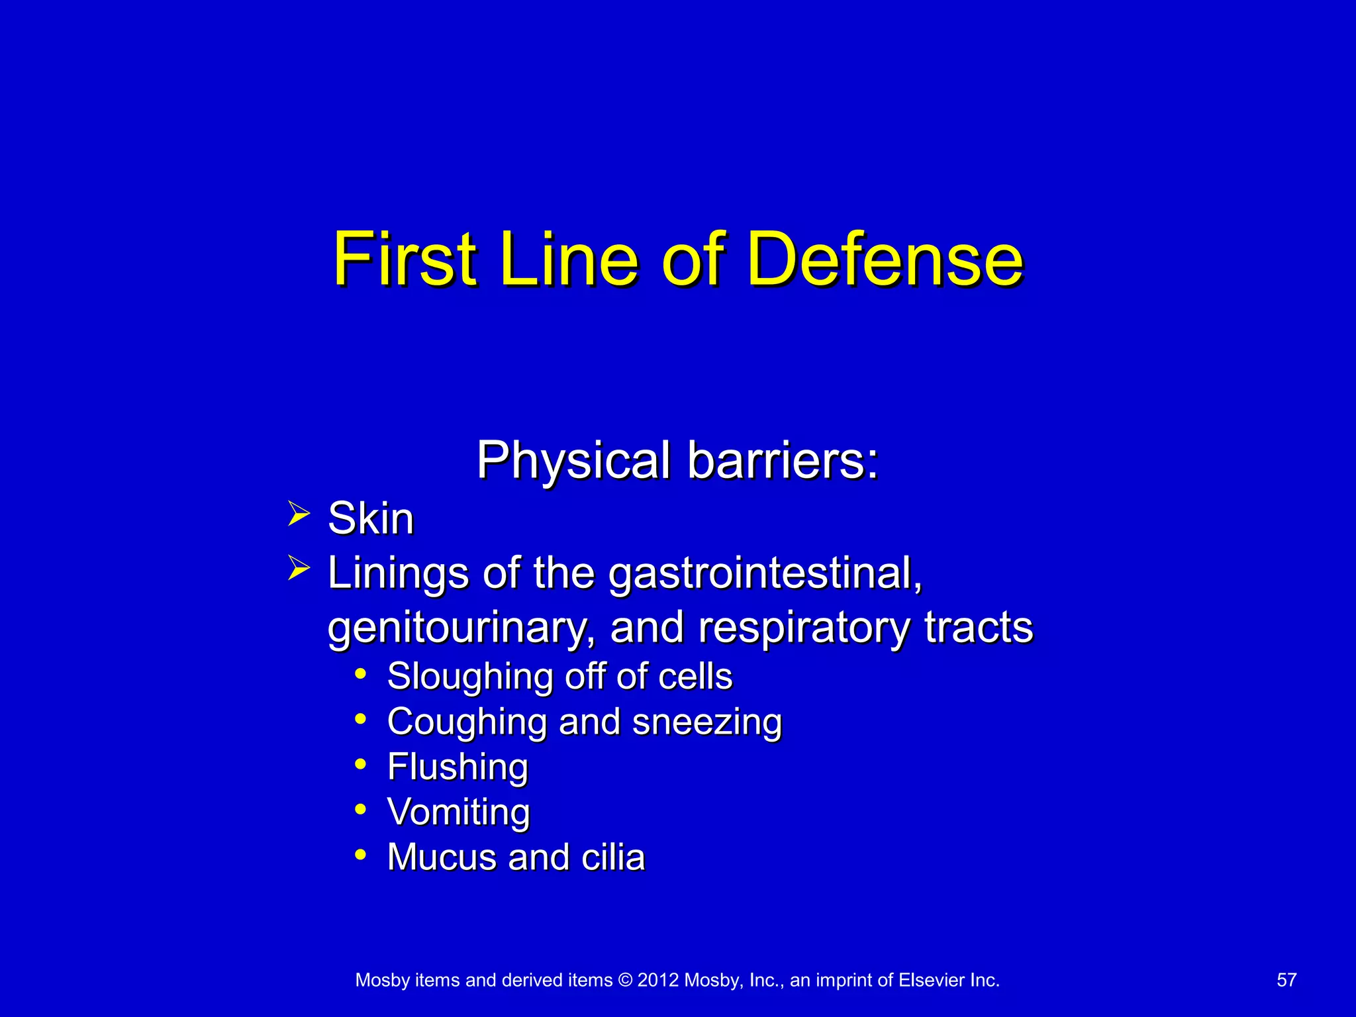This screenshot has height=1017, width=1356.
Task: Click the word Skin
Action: pos(371,518)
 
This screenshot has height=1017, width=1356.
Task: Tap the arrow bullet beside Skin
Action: pos(299,514)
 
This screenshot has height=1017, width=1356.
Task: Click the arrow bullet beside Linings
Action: pos(299,568)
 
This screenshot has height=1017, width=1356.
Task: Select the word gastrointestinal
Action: pos(765,573)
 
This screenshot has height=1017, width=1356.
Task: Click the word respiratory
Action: pos(804,628)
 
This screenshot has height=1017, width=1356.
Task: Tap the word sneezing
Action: pos(707,722)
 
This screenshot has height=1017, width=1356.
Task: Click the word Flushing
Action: pos(458,767)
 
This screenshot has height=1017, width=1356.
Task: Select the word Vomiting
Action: pos(458,812)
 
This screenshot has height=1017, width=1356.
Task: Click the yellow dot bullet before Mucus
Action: pos(360,854)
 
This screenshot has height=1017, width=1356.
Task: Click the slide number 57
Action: pos(1286,980)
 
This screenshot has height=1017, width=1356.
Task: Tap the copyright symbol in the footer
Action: pos(625,980)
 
